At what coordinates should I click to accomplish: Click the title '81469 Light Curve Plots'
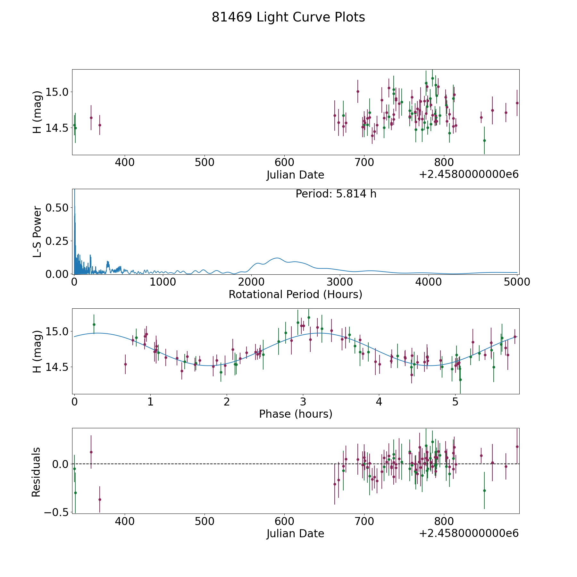coord(288,17)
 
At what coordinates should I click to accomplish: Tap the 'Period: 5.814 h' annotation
coord(336,194)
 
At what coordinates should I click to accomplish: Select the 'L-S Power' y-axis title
coord(37,231)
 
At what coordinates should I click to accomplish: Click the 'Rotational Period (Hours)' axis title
coord(295,294)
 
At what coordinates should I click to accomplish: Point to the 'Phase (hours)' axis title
coord(295,414)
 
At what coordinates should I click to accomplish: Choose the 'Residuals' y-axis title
coord(36,472)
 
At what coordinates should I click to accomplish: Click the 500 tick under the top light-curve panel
coord(205,163)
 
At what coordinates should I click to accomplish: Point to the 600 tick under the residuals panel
coord(284,521)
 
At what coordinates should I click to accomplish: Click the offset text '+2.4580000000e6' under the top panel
coord(469,175)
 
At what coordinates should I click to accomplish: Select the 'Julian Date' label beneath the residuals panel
coord(295,533)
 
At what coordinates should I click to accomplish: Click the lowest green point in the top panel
coord(484,140)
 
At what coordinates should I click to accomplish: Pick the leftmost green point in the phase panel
coord(94,324)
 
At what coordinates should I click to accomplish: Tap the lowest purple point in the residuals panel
coord(100,499)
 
